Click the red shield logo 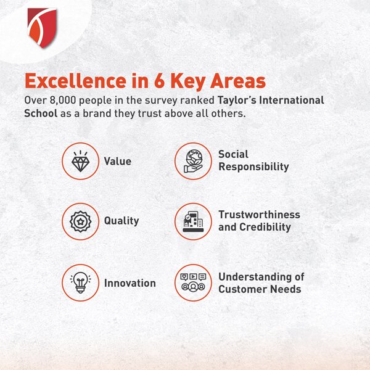point(42,28)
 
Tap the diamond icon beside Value point(80,161)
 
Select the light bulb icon point(80,282)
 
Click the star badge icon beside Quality point(80,221)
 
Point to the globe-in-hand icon point(193,161)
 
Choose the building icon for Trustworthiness point(193,221)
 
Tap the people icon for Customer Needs point(193,282)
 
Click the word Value point(118,162)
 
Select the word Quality point(121,221)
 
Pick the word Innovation point(130,283)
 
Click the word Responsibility point(253,167)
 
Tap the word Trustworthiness point(260,215)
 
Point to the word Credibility point(265,227)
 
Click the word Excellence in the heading point(75,81)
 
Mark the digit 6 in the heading point(159,81)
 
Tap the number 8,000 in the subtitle point(63,101)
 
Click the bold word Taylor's point(237,100)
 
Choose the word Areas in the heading point(238,81)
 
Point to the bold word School point(41,113)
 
